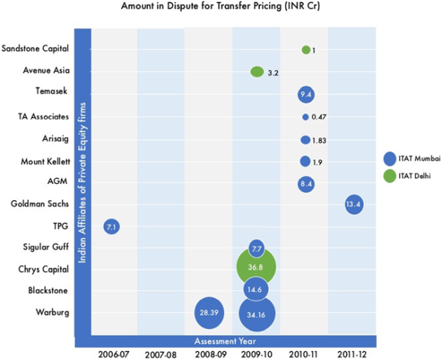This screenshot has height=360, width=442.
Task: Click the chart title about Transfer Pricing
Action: (x=220, y=7)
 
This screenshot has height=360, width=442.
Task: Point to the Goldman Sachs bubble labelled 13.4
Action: (x=354, y=204)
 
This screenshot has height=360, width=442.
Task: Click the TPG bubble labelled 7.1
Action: (x=112, y=227)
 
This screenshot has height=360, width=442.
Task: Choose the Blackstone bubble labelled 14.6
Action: (x=256, y=290)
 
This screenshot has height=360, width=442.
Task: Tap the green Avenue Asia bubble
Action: (x=257, y=71)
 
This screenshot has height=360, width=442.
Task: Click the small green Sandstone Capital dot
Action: (x=306, y=49)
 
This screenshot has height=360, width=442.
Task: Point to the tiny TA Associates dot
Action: (x=305, y=117)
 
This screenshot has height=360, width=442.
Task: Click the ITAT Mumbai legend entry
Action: (x=407, y=158)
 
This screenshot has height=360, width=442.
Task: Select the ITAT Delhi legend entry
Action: (x=407, y=177)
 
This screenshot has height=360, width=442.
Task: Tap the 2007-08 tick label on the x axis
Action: (x=161, y=353)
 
